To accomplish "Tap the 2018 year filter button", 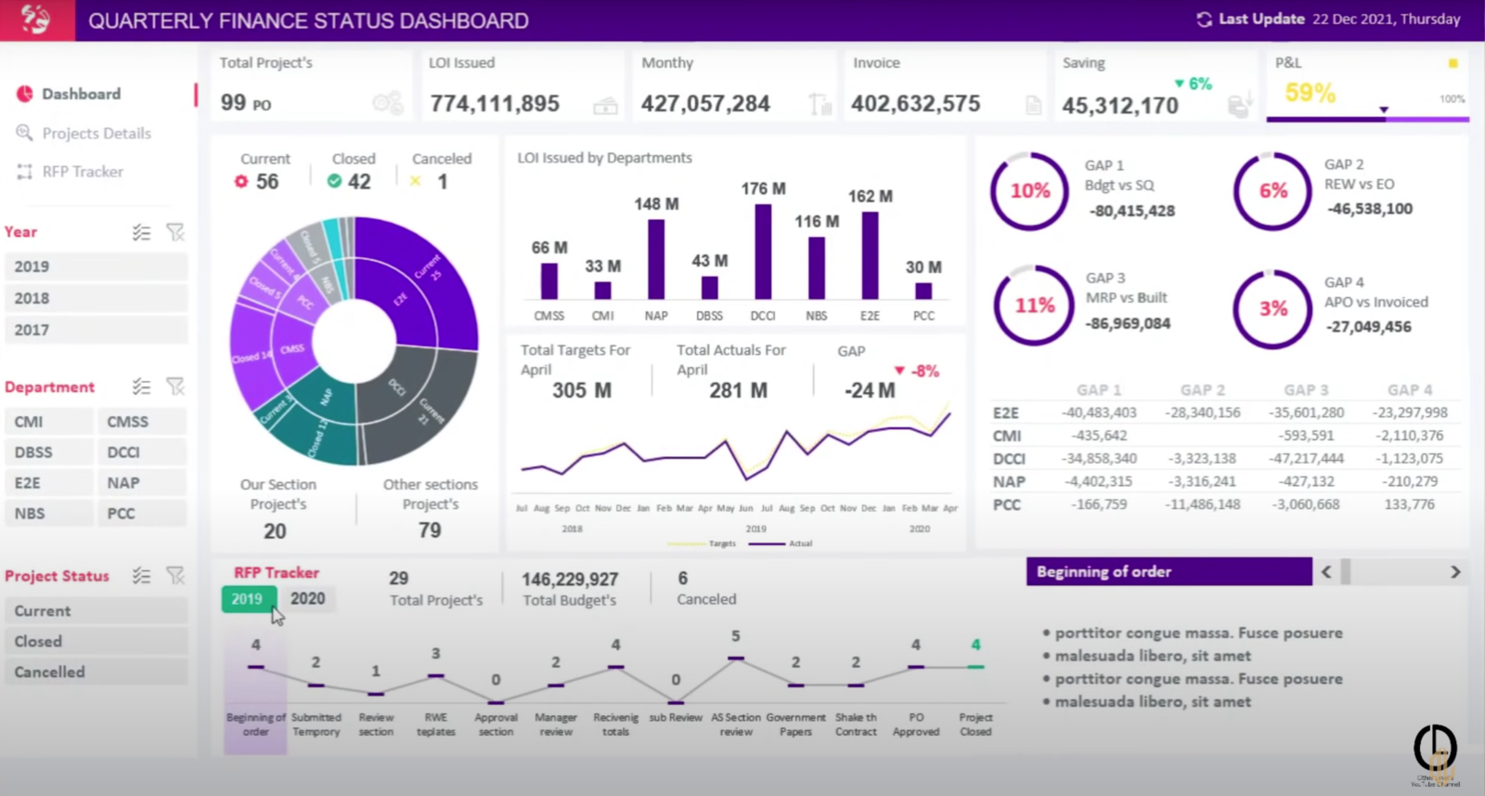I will tap(97, 298).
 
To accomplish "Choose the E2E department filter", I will tap(48, 483).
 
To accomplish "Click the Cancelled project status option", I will tap(97, 672).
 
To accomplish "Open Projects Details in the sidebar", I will tap(97, 133).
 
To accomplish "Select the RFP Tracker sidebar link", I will tap(83, 172).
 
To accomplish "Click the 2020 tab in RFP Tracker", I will tap(307, 599).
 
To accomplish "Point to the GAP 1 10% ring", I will tap(1030, 191).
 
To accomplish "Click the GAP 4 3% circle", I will tap(1272, 309).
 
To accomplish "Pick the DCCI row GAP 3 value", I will tap(1307, 459).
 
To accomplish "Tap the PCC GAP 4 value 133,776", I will tap(1409, 504).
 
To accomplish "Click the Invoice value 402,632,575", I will tap(915, 104).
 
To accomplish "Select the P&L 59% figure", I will tap(1310, 93).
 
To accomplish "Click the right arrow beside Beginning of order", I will tap(1454, 572).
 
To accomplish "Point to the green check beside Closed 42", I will tap(334, 181).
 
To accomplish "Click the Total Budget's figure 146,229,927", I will tap(570, 580).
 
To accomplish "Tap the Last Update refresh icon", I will tap(1204, 20).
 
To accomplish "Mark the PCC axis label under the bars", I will tap(923, 316).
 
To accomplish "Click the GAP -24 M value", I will tap(870, 391).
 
